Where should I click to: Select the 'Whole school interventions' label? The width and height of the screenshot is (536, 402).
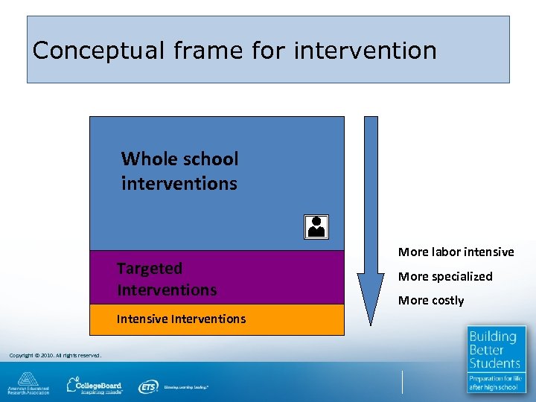coord(180,170)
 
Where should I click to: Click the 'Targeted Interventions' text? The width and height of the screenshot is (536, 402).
coord(167,278)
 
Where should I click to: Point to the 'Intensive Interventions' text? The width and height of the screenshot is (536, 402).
coord(181,319)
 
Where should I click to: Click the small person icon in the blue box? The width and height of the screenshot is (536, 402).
coord(316,226)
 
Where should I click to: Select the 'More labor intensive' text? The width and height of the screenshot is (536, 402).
coord(456,252)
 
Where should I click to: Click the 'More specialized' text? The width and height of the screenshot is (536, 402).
coord(445,276)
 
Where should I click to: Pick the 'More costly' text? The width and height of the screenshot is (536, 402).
coord(431,300)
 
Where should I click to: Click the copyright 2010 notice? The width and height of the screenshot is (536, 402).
coord(55,354)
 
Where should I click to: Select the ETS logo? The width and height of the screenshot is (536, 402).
coord(149,386)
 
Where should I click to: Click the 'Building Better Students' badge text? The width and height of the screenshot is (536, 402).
coord(494,350)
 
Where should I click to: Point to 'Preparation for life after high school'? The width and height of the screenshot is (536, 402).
coord(494,383)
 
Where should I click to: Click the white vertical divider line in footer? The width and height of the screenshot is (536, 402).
coord(402,382)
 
